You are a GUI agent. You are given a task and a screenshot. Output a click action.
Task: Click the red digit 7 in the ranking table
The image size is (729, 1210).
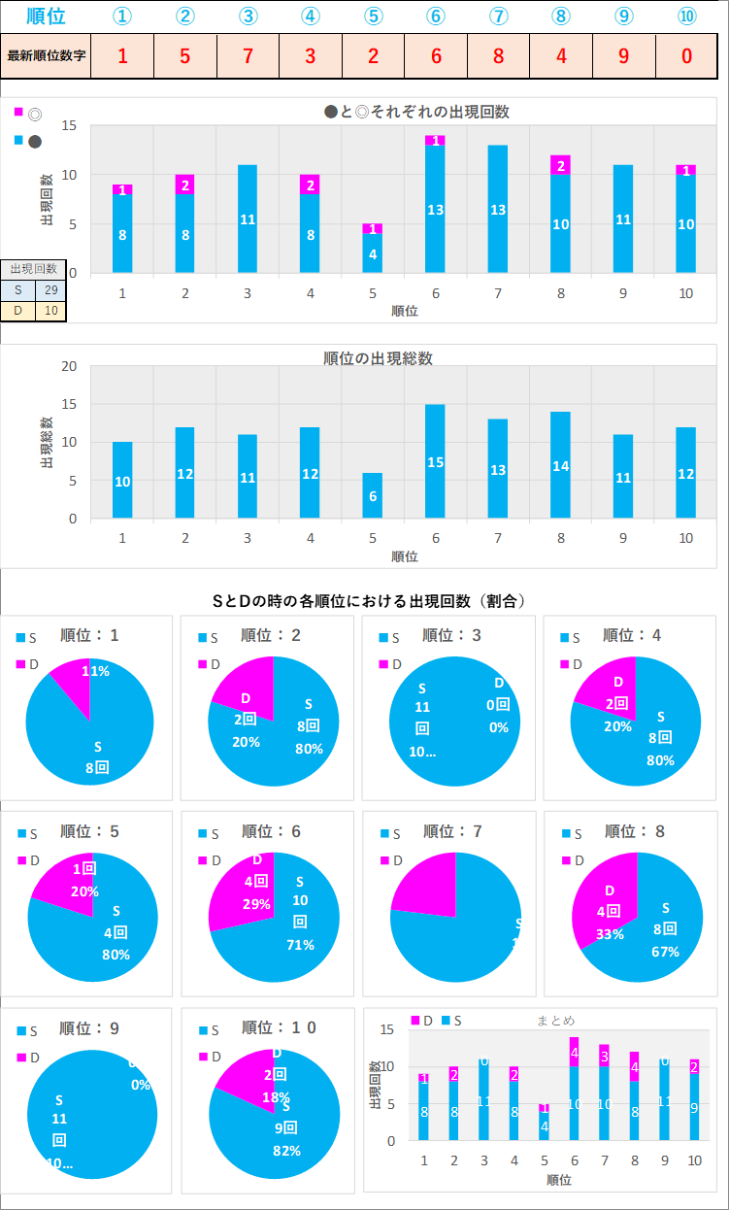(248, 55)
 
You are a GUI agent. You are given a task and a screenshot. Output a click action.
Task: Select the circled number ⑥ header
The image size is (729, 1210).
(435, 17)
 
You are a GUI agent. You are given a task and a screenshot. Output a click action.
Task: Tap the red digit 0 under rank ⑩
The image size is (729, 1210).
(686, 55)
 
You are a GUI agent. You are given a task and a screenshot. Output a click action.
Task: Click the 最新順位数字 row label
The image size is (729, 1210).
(47, 55)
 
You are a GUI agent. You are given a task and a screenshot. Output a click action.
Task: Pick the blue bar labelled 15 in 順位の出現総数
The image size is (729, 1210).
(435, 461)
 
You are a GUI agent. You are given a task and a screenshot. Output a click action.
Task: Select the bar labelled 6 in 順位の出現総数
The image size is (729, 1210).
(373, 495)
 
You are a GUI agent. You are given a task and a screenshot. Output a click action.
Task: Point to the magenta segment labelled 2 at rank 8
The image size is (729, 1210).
(560, 165)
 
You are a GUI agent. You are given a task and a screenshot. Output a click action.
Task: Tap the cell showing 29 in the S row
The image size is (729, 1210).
(50, 290)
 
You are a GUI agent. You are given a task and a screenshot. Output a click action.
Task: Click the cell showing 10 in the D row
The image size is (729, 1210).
(50, 310)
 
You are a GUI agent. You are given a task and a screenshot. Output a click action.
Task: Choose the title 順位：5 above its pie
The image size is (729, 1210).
(89, 831)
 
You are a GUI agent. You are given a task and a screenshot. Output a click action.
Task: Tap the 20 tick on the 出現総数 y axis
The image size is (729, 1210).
(69, 366)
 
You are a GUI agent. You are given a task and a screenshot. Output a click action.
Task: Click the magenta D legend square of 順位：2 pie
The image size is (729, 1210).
(204, 664)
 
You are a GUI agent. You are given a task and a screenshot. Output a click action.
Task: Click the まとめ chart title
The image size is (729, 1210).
(556, 1020)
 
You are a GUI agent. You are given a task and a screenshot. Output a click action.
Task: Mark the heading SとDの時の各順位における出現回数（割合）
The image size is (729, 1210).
(370, 601)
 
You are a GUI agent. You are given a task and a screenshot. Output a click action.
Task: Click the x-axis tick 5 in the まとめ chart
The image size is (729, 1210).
(545, 1160)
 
